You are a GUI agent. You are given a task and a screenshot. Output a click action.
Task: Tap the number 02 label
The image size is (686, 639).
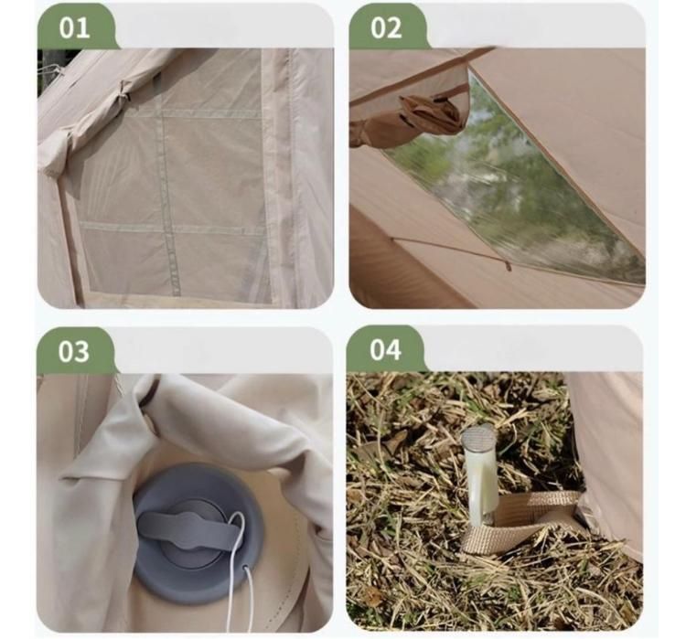(386, 28)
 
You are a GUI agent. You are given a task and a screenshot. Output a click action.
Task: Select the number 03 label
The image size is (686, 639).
(73, 351)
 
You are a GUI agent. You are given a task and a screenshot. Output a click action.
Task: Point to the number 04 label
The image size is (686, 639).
(385, 349)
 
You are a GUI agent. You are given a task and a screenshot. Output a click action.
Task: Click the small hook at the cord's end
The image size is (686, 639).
(508, 265)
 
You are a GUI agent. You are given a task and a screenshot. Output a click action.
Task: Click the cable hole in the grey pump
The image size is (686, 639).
(245, 568)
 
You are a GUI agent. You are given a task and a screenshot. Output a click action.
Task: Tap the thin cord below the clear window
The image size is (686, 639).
(451, 251)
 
